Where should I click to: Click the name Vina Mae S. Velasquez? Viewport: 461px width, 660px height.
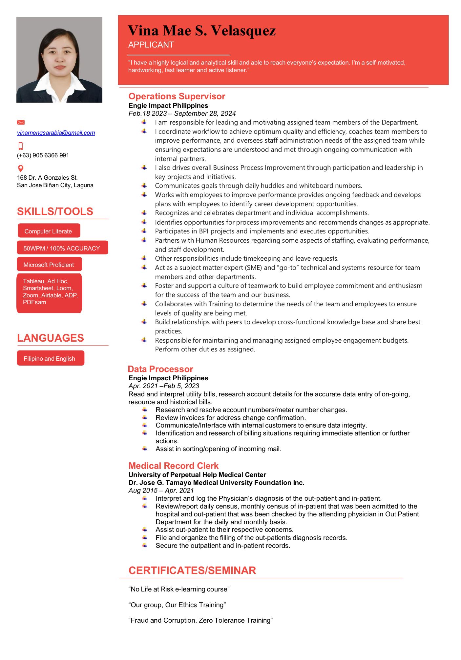point(201,31)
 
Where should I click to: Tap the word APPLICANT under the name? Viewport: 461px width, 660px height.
point(151,45)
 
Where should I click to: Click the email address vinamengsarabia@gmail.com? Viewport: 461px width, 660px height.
point(56,133)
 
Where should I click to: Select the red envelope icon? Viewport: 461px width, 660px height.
point(21,122)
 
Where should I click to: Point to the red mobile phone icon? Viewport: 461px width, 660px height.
point(21,146)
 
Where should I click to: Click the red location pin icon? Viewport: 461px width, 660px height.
point(21,169)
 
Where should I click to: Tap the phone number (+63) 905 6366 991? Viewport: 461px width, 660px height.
point(43,155)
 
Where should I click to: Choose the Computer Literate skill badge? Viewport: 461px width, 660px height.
point(49,231)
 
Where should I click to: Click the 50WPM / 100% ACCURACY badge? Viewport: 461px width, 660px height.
point(62,248)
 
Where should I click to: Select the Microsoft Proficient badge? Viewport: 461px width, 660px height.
point(49,265)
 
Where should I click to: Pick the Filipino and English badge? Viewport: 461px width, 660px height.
point(50,358)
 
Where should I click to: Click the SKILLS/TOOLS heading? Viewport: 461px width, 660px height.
point(55,211)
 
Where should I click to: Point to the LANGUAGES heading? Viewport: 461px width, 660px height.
point(51,338)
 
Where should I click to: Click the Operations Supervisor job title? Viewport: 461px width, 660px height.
point(177,96)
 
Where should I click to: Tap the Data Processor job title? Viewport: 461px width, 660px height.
point(160,369)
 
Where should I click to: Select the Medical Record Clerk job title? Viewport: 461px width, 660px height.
point(174,466)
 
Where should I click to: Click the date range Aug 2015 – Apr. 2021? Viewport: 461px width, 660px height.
point(161,490)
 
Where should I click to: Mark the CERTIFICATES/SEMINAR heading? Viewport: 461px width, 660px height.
point(192,570)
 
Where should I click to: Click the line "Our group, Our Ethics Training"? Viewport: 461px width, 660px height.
point(177,605)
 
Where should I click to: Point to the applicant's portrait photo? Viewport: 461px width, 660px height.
point(59,60)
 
